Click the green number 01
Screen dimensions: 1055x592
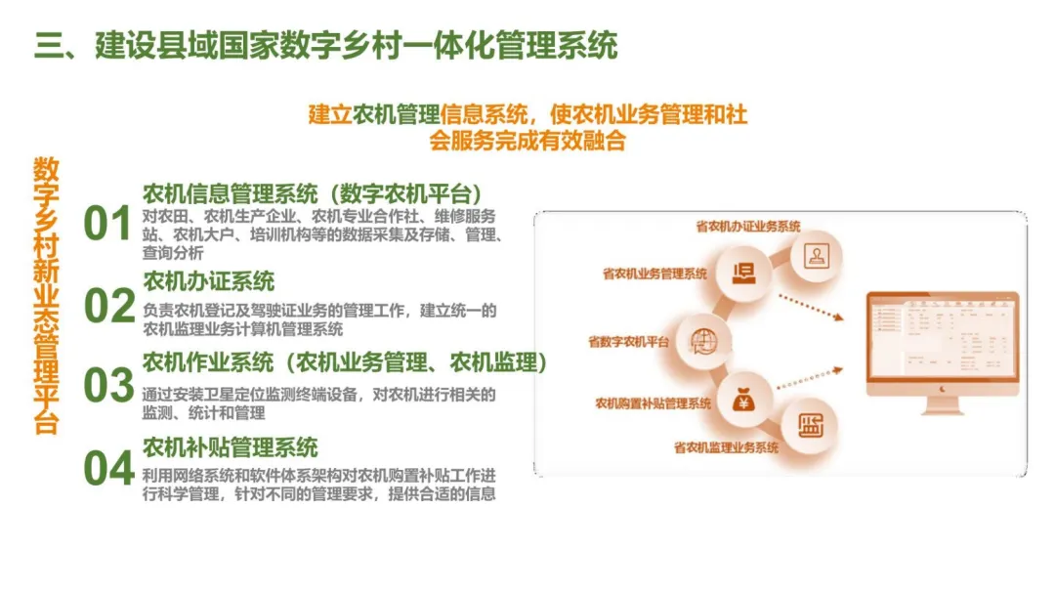click(107, 225)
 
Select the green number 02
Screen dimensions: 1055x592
click(107, 307)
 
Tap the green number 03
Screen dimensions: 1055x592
click(107, 386)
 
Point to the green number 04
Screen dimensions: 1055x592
click(107, 469)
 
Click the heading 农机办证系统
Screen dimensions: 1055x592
click(209, 282)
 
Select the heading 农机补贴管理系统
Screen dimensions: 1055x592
click(231, 447)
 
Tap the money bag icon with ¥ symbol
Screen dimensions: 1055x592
click(741, 400)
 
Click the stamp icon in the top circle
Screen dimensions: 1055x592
click(814, 255)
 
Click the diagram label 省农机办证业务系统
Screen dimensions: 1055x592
click(748, 227)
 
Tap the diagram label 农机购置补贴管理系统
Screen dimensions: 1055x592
click(653, 402)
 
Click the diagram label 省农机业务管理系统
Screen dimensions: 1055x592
click(654, 275)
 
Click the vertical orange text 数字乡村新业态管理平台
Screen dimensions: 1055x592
click(46, 294)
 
